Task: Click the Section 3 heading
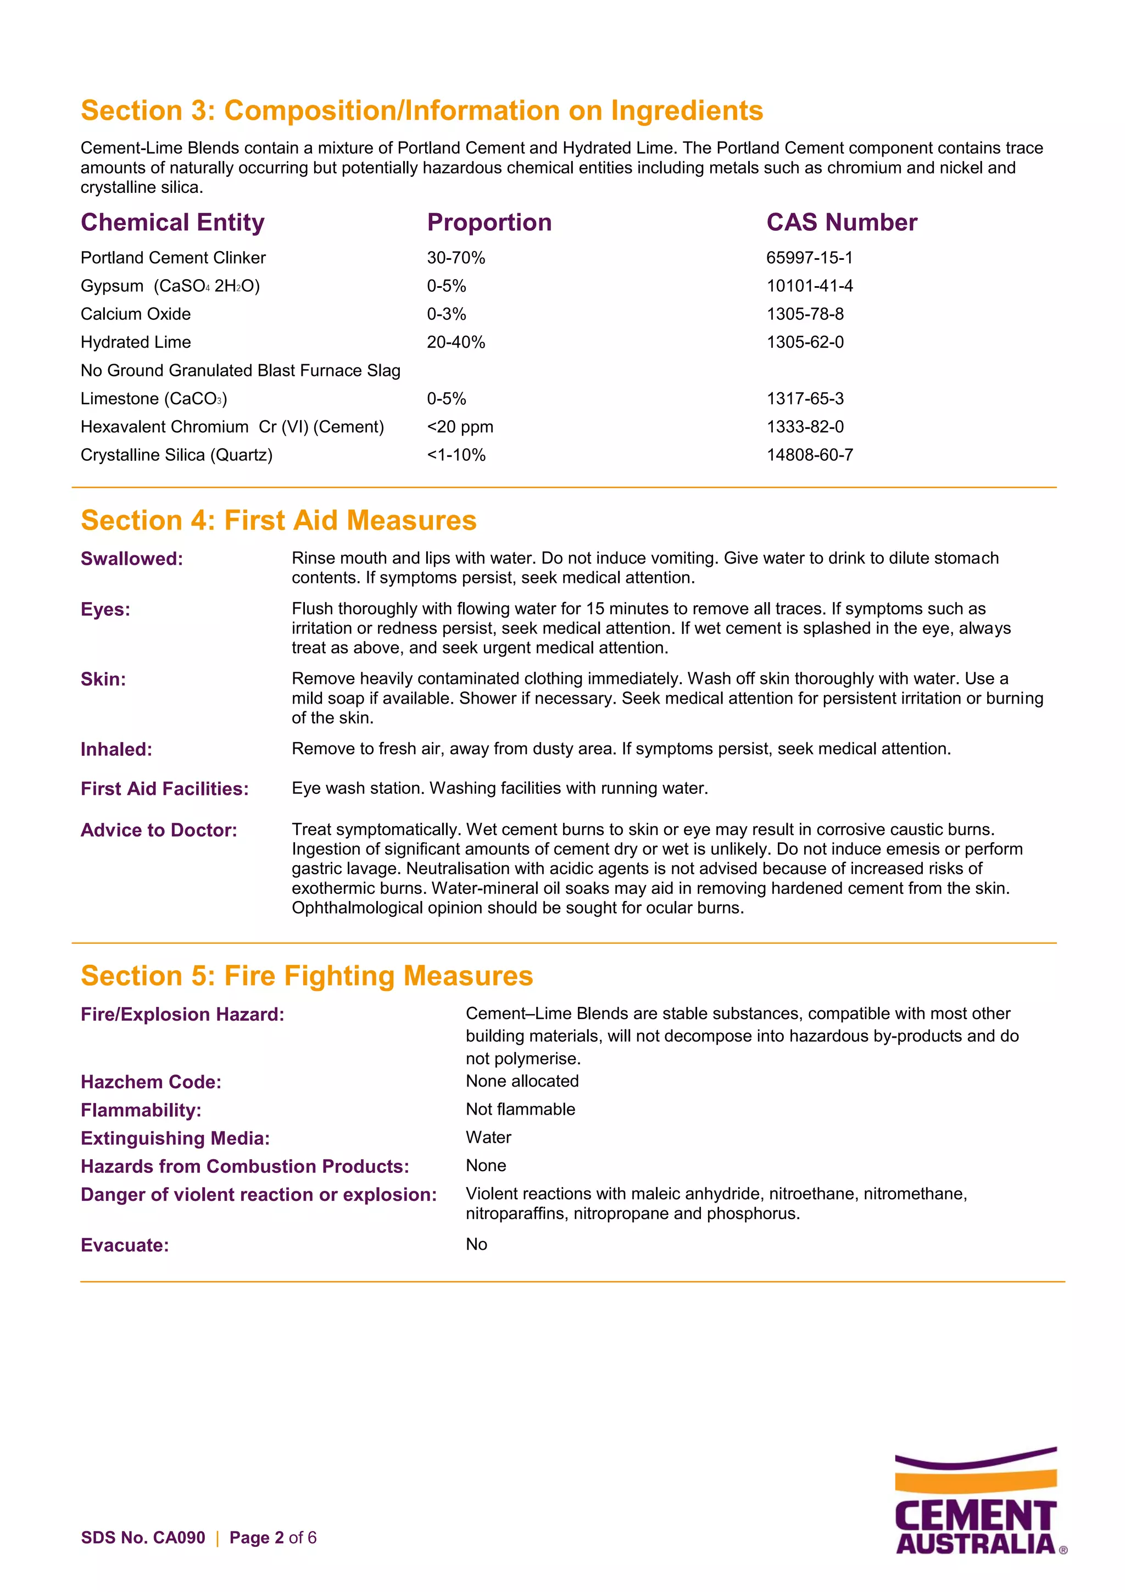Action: [x=421, y=111]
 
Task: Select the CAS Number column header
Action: [x=841, y=222]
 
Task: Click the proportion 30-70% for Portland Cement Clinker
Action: [x=455, y=258]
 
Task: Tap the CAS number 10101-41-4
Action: [x=809, y=286]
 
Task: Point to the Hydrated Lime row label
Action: [x=136, y=343]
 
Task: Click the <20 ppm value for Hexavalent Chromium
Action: [x=460, y=427]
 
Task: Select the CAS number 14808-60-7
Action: [x=809, y=455]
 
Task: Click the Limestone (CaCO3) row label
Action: [x=154, y=399]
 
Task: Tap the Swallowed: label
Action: [x=132, y=559]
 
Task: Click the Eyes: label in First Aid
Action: [x=105, y=609]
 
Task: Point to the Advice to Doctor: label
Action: [x=159, y=830]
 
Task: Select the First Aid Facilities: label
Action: [x=164, y=789]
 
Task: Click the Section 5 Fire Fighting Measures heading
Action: [x=307, y=976]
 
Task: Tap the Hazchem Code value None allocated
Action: [x=522, y=1081]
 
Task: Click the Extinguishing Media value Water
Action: [x=488, y=1137]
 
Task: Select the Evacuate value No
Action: [x=476, y=1244]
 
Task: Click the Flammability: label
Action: [x=141, y=1110]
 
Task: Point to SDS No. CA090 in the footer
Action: [x=143, y=1537]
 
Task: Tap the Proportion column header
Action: [x=489, y=222]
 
